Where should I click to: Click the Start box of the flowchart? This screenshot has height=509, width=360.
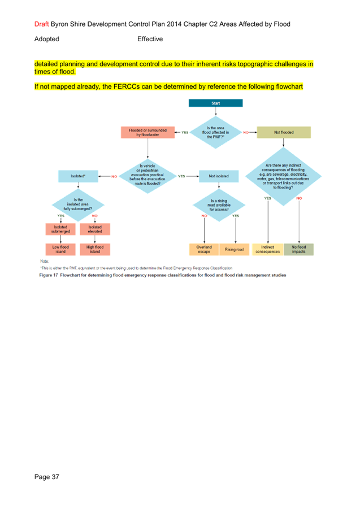pos(215,103)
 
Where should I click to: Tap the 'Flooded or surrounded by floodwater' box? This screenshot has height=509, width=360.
pos(148,132)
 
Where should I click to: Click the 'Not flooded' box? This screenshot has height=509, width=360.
pos(284,132)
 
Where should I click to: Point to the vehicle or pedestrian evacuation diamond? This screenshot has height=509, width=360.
pos(146,176)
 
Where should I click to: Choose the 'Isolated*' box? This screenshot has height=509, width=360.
pos(79,176)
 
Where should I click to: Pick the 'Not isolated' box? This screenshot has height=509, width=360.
pos(219,176)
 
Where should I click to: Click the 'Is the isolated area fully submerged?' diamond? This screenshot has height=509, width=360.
pos(78,205)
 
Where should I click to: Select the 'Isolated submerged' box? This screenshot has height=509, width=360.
pos(60,229)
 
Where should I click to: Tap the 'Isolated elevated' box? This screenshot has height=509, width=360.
pos(95,229)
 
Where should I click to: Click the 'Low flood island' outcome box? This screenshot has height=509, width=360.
pos(60,249)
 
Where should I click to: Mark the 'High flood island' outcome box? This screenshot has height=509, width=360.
pos(95,249)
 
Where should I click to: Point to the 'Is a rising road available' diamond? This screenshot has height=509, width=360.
pos(219,205)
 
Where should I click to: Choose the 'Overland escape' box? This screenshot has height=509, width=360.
pos(203,249)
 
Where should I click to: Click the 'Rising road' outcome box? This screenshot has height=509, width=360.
pos(234,249)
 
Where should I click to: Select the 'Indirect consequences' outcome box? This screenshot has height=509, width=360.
pos(267,249)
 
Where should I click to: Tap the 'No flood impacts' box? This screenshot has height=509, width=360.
pos(299,249)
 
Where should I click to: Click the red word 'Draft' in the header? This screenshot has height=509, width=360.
pos(41,24)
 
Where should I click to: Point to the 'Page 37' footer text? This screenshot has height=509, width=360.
pos(46,477)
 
